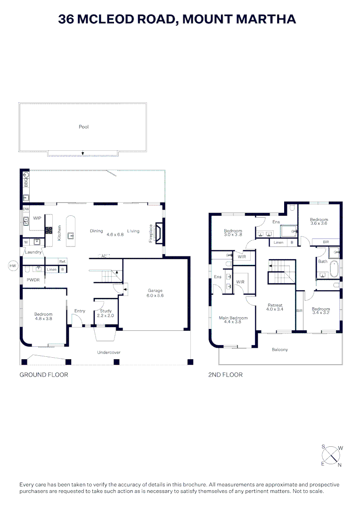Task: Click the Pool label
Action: coord(84,127)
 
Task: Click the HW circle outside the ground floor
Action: coord(13,266)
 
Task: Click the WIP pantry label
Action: coord(37,218)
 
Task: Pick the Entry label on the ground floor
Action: coord(80,311)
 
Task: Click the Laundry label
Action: coord(33,252)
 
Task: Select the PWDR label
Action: coord(32,280)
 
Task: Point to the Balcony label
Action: coord(280,350)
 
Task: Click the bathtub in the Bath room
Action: coord(335,269)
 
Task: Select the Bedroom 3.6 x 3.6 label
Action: coord(319,222)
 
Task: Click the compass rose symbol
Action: coord(331,455)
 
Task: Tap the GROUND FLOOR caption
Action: coord(44,375)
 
